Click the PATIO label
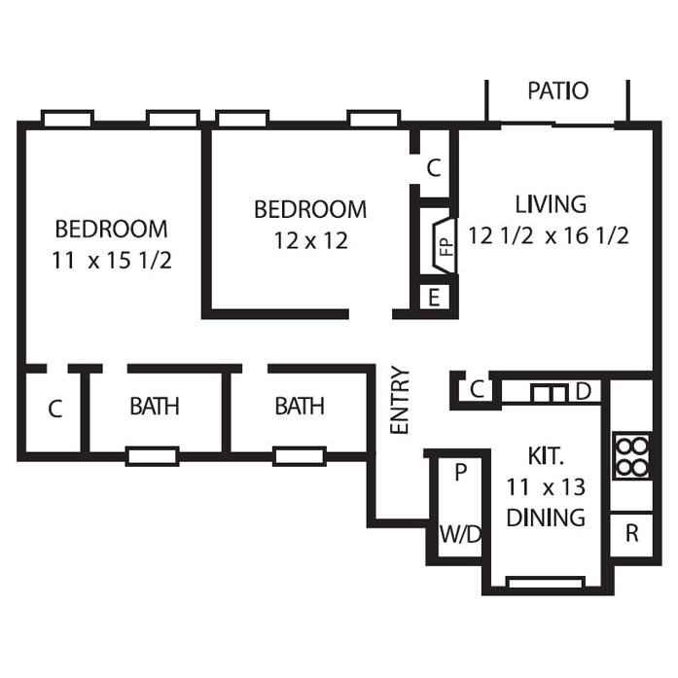pos(557,90)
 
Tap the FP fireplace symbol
pos(445,245)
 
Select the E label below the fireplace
pos(434,298)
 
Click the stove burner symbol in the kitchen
pos(631,456)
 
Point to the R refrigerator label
pos(632,533)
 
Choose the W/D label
pos(460,534)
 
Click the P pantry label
pos(461,472)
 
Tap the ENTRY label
pos(399,400)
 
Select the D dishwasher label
pos(584,391)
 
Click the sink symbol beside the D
pos(550,393)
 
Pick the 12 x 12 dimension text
pos(311,241)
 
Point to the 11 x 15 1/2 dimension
pos(112,261)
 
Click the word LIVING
pos(551,204)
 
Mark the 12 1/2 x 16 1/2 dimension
pos(549,236)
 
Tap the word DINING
pos(546,517)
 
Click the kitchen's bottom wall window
pos(546,583)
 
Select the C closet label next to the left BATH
pos(55,409)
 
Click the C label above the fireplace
pos(434,167)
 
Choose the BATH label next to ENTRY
pos(300,407)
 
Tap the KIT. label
pos(546,456)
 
